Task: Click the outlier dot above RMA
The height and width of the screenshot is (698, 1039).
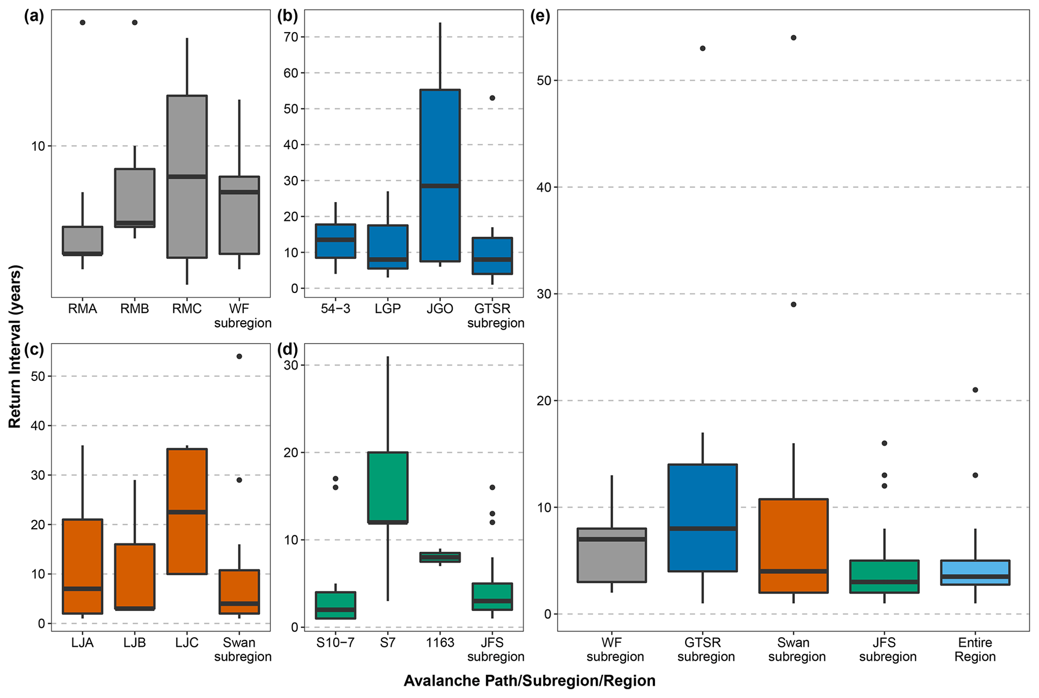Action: [82, 23]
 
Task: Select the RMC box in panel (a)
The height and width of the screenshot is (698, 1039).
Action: [187, 176]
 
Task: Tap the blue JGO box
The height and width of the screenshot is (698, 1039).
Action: [440, 175]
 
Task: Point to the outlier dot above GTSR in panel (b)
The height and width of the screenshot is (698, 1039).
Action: [493, 98]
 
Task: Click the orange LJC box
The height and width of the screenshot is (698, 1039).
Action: [187, 511]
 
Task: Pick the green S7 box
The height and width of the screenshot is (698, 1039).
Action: [388, 487]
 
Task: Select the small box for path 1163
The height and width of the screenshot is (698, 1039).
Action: [440, 557]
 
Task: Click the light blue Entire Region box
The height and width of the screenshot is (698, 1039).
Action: [975, 572]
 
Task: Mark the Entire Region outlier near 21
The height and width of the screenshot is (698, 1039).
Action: [975, 390]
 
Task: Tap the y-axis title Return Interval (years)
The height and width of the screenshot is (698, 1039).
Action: [15, 347]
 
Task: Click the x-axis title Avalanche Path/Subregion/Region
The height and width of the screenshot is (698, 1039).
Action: [529, 681]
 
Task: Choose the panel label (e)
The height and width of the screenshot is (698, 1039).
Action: [540, 16]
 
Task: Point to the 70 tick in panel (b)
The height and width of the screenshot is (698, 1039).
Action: [291, 37]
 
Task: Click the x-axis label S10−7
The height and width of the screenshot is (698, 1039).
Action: [335, 643]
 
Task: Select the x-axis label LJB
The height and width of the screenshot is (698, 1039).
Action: [135, 643]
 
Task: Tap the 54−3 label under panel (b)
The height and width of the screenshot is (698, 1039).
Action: [335, 309]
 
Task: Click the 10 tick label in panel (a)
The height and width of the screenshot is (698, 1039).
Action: [38, 146]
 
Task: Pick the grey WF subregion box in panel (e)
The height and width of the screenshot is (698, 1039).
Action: [612, 555]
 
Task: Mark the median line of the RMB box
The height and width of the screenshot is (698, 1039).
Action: [135, 223]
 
